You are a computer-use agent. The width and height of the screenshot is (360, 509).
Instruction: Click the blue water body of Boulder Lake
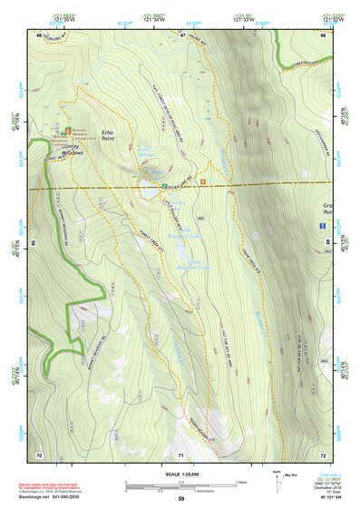pos(148,192)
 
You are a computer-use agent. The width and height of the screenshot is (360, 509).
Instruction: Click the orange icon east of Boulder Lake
pos(204,182)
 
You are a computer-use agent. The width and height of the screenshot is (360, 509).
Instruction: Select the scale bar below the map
pos(180,485)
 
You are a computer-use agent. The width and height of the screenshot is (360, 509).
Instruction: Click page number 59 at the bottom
pos(180,499)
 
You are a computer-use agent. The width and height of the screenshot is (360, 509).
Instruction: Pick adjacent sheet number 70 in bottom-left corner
pos(39,454)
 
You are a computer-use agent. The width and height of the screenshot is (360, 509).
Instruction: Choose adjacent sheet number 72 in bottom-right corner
pos(323,454)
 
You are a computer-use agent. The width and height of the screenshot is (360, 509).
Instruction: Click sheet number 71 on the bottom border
pos(180,454)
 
